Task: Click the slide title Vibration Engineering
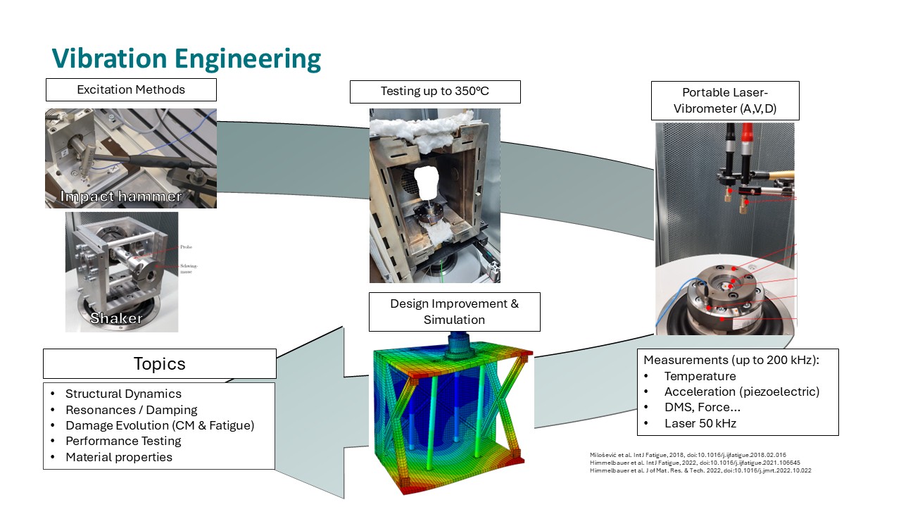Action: [187, 59]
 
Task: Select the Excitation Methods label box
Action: [131, 89]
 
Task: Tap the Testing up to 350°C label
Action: [434, 92]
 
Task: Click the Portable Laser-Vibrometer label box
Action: [724, 100]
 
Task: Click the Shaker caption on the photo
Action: [116, 318]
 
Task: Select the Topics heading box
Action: [159, 363]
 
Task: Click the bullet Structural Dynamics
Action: [123, 394]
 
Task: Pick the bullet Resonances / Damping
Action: [131, 410]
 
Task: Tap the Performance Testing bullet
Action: [123, 441]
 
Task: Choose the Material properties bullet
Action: [118, 457]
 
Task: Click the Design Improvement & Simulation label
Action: [454, 311]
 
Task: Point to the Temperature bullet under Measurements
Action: [700, 376]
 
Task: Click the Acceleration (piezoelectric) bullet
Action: [742, 392]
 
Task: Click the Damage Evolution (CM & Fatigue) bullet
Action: [159, 425]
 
